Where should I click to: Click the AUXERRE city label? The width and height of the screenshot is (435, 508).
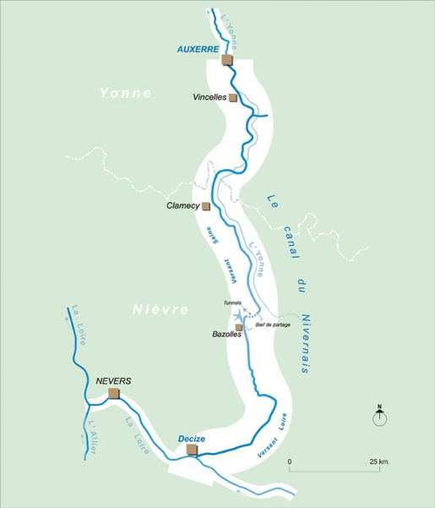(x=198, y=50)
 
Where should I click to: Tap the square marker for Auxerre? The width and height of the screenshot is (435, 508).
(x=226, y=60)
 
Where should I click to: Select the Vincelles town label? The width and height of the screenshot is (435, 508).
(x=209, y=97)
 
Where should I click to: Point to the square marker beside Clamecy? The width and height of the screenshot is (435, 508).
(x=205, y=205)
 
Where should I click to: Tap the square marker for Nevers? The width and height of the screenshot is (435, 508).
(x=114, y=393)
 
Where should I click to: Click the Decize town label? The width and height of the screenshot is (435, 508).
(x=193, y=438)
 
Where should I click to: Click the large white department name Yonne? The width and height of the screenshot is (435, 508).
(x=125, y=93)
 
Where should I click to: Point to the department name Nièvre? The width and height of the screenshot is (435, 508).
(x=160, y=310)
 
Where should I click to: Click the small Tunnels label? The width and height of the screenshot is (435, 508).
(x=232, y=303)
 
